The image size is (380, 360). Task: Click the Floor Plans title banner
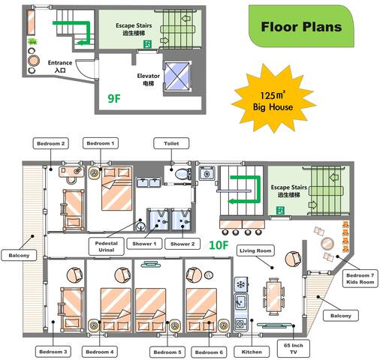point(301,26)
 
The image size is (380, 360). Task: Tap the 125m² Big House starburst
point(273,98)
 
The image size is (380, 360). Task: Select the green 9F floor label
point(114,98)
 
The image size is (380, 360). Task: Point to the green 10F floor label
point(219,245)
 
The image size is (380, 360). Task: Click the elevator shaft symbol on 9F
point(177,76)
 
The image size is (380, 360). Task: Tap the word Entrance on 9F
point(60,63)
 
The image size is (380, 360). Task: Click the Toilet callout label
point(171,143)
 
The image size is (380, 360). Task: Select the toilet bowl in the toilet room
point(182,174)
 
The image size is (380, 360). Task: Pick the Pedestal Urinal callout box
point(107,247)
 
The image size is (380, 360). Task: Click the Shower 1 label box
point(144,244)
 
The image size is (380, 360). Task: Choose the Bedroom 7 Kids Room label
point(360,278)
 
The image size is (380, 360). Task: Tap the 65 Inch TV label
point(294,349)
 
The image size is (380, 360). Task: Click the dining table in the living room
point(273,296)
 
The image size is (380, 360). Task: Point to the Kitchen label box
point(252,352)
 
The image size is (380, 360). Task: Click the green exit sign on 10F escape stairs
point(280,211)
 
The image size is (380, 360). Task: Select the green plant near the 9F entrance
point(32,41)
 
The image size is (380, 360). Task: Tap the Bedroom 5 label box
point(167,352)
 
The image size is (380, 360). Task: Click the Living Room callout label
point(255,250)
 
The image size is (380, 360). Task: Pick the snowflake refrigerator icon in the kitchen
point(241,285)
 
